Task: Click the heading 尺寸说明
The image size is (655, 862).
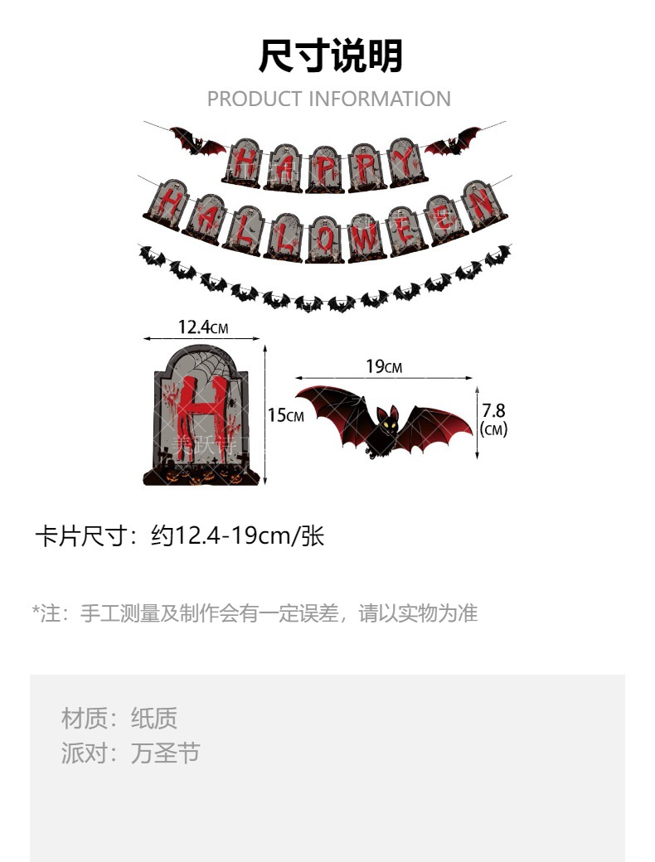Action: tap(329, 56)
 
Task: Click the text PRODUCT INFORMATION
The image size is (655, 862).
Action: tap(328, 99)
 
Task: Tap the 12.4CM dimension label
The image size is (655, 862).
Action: tap(202, 327)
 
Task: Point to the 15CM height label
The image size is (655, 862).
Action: tap(285, 415)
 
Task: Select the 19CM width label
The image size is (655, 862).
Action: tap(383, 366)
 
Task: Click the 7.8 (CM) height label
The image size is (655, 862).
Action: tap(493, 419)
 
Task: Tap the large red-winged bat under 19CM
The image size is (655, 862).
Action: tap(383, 423)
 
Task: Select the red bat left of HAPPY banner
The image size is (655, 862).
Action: tap(196, 141)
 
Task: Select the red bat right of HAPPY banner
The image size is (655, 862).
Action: tap(453, 140)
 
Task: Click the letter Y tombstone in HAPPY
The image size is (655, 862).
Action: tap(406, 162)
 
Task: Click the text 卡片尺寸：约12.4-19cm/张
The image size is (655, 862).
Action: tap(179, 536)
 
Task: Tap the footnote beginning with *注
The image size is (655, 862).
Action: tap(255, 613)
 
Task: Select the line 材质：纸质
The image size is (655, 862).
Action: tap(119, 718)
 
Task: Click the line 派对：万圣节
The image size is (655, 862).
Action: tap(131, 753)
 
